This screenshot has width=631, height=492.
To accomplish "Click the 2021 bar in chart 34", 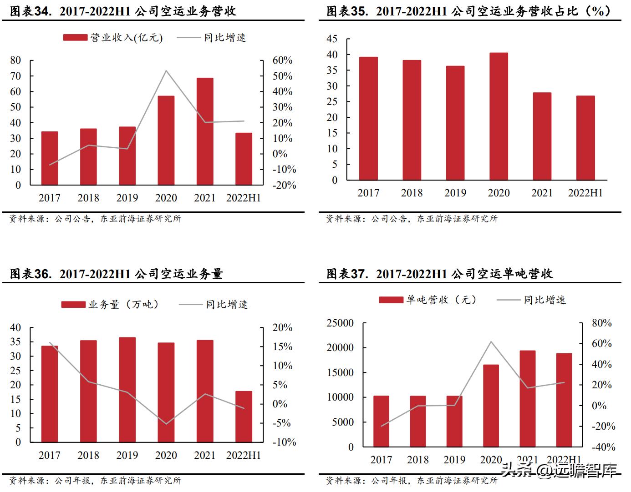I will (204, 131).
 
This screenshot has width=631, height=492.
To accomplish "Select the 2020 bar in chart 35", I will (499, 116).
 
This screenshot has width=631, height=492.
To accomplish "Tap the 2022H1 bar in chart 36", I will (244, 416).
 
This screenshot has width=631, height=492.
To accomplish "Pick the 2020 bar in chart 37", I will (491, 405).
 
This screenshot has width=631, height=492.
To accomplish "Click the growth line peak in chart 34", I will (166, 71).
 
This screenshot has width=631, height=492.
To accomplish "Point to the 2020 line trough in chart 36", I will (166, 424).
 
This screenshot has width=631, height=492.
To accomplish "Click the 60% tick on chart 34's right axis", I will (282, 60).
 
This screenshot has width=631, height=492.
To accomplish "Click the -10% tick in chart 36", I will (284, 442).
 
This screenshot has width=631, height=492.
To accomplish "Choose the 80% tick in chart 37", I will (601, 323).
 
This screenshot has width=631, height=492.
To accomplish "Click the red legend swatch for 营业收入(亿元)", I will (75, 38).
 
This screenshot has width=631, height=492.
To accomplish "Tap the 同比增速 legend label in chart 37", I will (544, 300).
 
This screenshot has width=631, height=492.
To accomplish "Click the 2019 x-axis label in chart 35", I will (455, 193).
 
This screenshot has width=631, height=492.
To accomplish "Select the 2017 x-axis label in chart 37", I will (381, 460).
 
